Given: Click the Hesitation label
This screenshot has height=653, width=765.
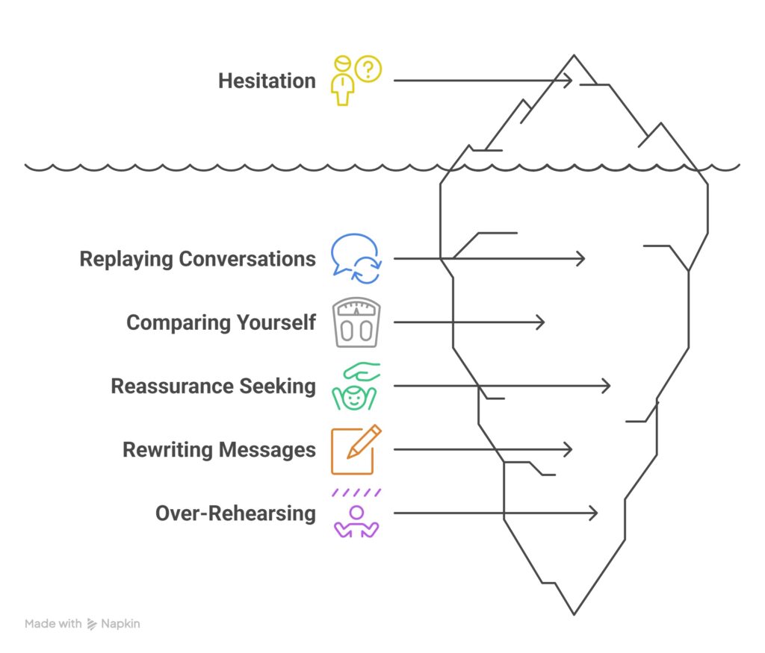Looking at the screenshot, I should tap(267, 81).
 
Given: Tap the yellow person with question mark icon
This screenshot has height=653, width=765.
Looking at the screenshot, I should tap(356, 80).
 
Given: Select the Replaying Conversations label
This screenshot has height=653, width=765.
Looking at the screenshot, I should tap(197, 259).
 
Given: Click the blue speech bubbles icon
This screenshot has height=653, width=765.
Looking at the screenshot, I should tap(356, 259).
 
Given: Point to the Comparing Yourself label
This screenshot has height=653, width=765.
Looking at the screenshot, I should tap(220, 322).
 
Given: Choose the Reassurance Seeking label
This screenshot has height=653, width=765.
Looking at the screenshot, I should tap(213, 386).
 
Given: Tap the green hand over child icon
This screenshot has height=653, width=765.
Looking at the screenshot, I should tap(356, 387).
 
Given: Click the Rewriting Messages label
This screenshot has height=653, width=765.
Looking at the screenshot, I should tap(219, 450).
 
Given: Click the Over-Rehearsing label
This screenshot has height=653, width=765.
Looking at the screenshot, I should tap(235, 513).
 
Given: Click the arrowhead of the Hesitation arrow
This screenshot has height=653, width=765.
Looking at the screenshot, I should tap(570, 80).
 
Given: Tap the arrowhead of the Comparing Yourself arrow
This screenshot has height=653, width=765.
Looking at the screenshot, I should tap(542, 322).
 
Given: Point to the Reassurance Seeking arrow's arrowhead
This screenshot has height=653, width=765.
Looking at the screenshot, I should tap(608, 386).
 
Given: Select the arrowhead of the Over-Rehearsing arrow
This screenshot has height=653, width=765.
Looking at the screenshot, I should tap(595, 513).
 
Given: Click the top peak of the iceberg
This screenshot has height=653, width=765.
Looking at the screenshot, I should tap(574, 56).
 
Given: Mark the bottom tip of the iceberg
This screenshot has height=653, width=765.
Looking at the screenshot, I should tap(574, 613).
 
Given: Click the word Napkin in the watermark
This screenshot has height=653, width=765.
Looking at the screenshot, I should tap(120, 624).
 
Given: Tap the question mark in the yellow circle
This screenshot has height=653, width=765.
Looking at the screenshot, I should tap(367, 69).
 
